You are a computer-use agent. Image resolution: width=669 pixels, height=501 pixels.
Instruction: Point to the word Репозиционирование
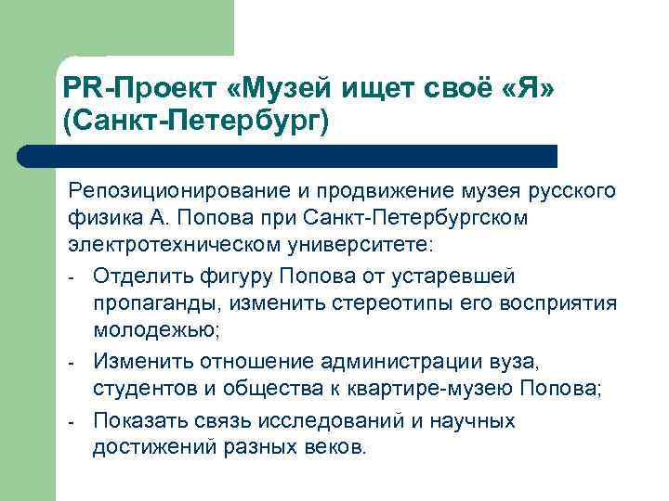[181, 192]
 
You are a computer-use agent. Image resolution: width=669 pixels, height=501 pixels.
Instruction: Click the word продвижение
[387, 192]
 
